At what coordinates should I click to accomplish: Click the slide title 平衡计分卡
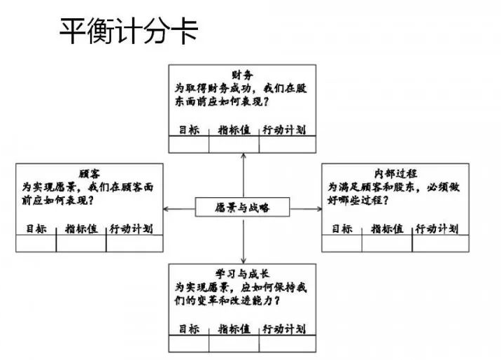tap(128, 30)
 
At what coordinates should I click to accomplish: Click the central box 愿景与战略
tap(242, 208)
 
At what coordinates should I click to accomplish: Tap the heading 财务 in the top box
tap(242, 74)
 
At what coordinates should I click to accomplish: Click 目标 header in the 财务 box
tap(189, 130)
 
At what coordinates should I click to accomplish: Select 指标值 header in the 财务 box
tap(234, 130)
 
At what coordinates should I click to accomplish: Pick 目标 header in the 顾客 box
tap(36, 229)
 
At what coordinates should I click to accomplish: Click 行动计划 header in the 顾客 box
tap(133, 229)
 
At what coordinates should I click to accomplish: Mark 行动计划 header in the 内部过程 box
tap(439, 229)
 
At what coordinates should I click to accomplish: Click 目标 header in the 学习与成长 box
tap(189, 329)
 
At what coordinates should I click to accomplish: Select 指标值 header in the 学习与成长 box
tap(234, 329)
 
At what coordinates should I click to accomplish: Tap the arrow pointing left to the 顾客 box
tap(178, 208)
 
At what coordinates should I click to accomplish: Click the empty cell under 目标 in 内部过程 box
tap(341, 243)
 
